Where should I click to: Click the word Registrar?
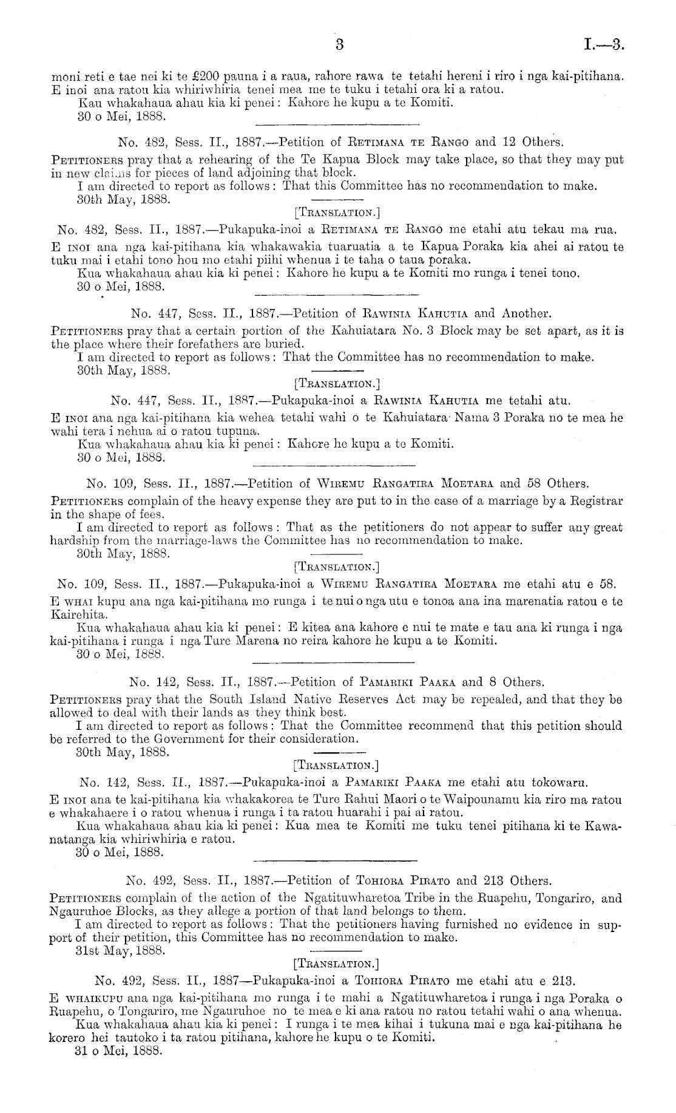click(x=592, y=500)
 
